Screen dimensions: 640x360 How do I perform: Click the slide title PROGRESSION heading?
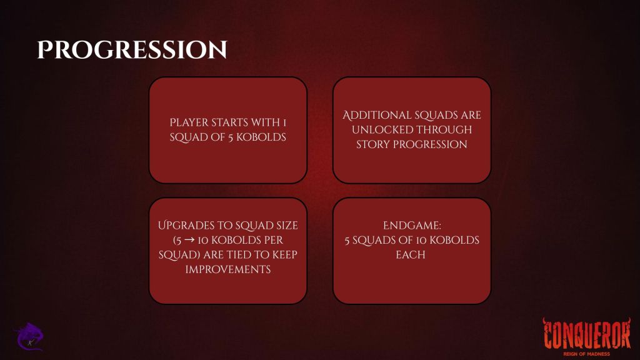(132, 50)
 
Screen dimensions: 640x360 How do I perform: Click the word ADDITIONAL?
(376, 115)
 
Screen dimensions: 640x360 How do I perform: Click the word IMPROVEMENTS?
(227, 269)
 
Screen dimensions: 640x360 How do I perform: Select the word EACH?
(411, 255)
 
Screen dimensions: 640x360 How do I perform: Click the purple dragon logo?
(29, 337)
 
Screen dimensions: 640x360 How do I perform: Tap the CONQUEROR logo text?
(586, 334)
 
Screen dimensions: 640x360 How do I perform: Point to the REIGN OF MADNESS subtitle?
(586, 354)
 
